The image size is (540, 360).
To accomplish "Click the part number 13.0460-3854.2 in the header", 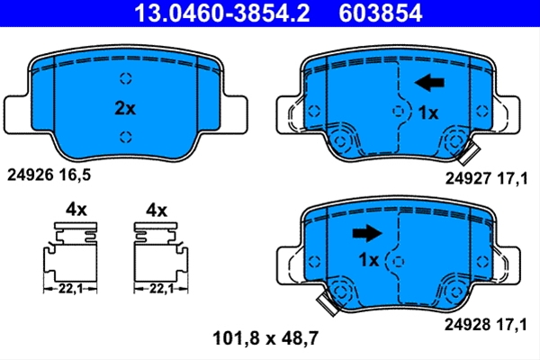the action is [x=222, y=13].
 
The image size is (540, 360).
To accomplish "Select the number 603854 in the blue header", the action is [x=380, y=13].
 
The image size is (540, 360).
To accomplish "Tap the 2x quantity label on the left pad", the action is [x=125, y=108].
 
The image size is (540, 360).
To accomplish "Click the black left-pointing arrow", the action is [x=429, y=83].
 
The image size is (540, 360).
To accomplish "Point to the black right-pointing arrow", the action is [x=367, y=233].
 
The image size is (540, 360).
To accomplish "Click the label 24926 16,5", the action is [x=49, y=175].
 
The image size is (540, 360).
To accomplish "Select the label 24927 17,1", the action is [x=486, y=178].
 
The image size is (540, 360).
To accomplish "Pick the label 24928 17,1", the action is [x=486, y=325].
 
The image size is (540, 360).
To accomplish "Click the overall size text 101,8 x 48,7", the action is [x=265, y=338].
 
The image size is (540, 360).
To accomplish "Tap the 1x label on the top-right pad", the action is [x=428, y=113].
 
